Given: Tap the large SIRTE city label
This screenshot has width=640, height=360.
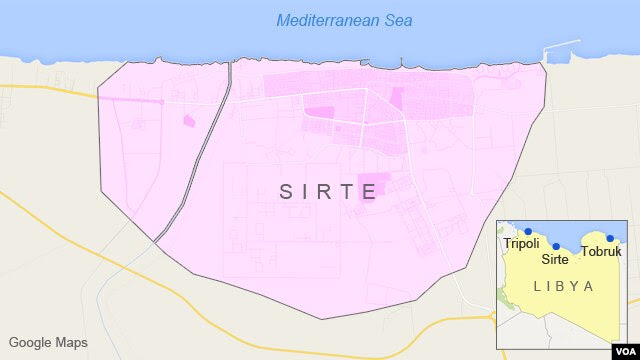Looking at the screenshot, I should [x=328, y=191].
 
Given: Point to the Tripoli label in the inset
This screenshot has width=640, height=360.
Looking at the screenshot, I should [x=521, y=244].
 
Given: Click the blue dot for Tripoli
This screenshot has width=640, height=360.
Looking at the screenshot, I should [x=527, y=231].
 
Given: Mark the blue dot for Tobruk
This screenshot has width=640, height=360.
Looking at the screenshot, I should [x=610, y=238].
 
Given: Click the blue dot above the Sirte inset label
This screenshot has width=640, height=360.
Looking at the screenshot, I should [x=556, y=246].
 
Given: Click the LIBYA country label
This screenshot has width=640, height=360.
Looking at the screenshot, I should [x=564, y=286].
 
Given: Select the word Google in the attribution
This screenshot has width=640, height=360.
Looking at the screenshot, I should [x=28, y=342].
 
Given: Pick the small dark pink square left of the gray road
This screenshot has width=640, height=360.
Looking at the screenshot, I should [x=189, y=121].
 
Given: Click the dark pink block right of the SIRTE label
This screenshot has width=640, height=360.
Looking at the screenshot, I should [x=371, y=186].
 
